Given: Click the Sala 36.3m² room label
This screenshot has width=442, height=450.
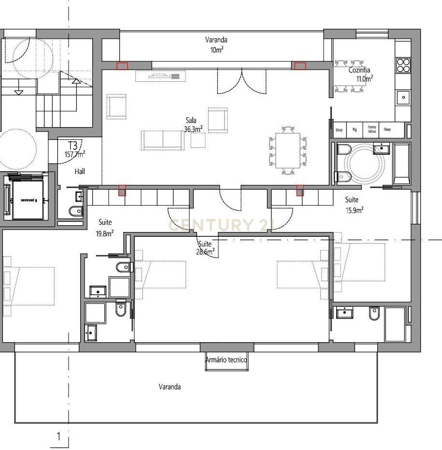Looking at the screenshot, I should (x=193, y=125).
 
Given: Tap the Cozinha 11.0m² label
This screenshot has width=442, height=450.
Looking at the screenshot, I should (x=361, y=74).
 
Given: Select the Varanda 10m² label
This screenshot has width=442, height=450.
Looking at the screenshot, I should (x=216, y=44).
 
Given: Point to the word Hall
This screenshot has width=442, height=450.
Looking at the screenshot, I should (x=80, y=172).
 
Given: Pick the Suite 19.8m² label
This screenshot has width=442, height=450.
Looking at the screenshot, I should (x=106, y=227).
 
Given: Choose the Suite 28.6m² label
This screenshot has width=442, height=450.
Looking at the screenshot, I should (x=205, y=248).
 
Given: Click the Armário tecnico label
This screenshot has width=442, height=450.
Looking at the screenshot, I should (x=227, y=360).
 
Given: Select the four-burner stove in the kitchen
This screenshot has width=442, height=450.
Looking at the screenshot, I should (x=403, y=65).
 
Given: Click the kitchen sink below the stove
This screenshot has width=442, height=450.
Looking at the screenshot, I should (x=403, y=97).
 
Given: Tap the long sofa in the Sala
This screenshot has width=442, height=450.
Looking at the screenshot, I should (x=163, y=139).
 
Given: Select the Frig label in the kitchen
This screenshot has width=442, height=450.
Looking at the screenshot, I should (x=355, y=130).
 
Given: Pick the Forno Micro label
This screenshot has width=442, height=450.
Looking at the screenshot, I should (x=371, y=129).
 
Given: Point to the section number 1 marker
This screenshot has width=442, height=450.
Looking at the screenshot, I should (x=59, y=437).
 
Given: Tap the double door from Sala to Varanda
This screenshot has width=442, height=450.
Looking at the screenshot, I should (x=242, y=81).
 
